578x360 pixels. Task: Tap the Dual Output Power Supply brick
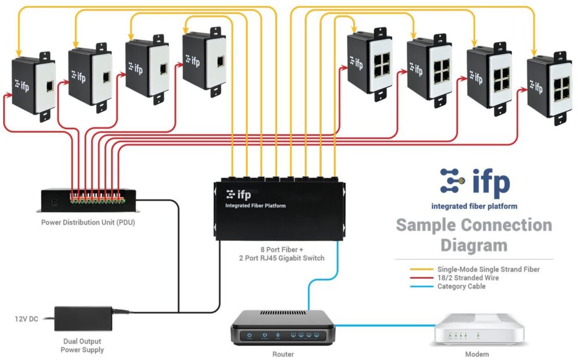pos(84,319)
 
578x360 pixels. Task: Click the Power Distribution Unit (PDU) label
pos(88,222)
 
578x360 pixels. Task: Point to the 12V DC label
pos(26,319)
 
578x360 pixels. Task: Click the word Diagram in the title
pos(474,245)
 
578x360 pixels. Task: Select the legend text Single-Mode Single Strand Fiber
pos(488,270)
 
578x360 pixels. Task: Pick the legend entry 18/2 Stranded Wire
pos(468,278)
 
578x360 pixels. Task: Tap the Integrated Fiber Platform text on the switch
pos(255,206)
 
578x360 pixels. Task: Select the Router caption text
pos(283,354)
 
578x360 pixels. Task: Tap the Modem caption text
pos(476,354)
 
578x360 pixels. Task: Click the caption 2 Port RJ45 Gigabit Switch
pos(282,258)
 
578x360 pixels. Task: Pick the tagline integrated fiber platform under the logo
pos(474,207)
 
